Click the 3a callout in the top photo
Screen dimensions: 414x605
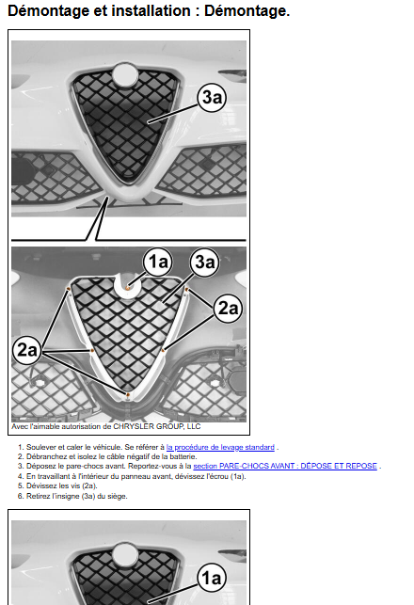212,97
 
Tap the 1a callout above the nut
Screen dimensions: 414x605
158,262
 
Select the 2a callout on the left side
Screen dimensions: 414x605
27,350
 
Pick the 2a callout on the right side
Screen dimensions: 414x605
228,309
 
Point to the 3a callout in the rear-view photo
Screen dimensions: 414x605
204,262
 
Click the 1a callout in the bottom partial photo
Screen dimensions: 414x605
212,578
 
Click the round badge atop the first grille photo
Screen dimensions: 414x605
125,74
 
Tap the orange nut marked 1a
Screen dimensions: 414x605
128,288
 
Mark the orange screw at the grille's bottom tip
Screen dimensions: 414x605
127,394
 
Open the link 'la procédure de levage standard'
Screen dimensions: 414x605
220,447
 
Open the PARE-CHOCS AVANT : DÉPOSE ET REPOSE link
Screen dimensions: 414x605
285,466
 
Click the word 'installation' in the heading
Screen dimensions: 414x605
151,10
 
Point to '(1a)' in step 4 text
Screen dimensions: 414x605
238,476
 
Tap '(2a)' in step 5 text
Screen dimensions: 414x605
89,486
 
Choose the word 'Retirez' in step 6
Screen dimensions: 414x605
38,496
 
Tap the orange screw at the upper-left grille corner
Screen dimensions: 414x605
69,288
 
